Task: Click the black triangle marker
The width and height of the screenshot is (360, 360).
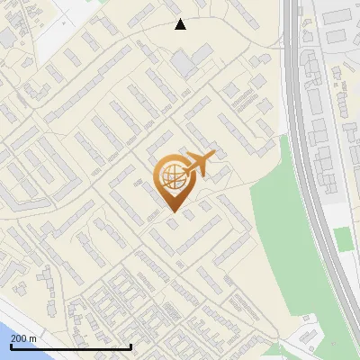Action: point(180,24)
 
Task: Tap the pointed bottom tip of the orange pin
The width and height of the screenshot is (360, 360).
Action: point(172,212)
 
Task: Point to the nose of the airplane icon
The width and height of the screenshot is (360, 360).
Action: point(212,157)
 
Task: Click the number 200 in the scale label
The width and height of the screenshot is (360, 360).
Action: point(20,337)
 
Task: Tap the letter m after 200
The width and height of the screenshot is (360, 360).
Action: point(32,337)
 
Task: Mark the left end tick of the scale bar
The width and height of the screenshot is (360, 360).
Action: point(12,346)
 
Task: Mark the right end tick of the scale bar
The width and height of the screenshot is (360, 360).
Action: point(131,346)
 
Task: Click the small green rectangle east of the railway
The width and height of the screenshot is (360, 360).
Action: point(342,238)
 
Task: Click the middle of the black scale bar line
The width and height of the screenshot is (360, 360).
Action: point(72,346)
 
